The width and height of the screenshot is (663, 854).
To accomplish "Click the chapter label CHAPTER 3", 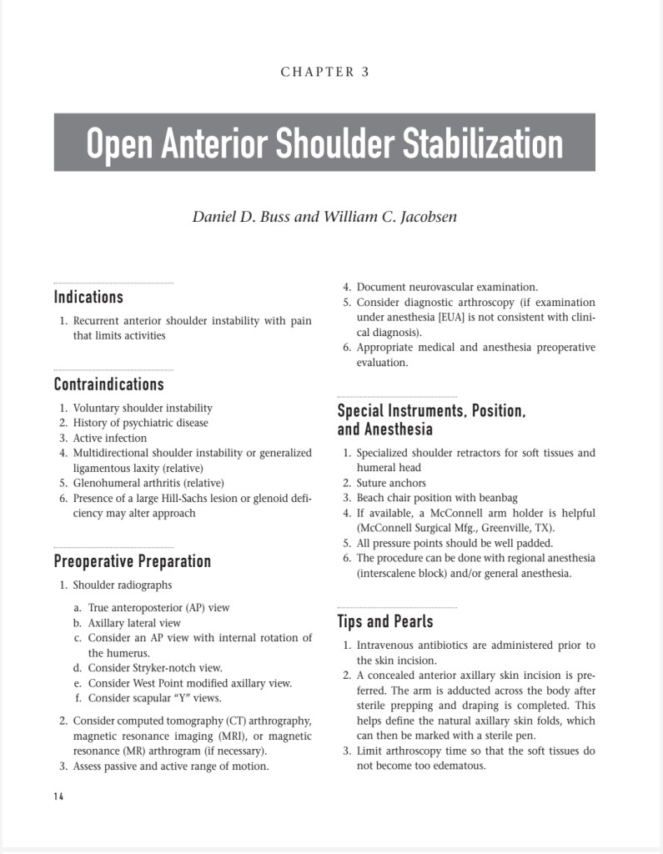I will (324, 72).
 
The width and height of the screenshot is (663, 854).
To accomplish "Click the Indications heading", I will (88, 297).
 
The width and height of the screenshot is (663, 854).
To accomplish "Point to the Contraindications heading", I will (108, 384).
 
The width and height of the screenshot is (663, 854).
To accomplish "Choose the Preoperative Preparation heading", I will (132, 561).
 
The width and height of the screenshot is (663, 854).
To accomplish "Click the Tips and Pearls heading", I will (384, 621).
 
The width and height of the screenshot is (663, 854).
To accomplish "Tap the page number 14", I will (58, 796).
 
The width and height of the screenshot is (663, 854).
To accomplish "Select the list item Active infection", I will (109, 438).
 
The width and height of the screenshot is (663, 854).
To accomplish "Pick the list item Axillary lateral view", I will (133, 623).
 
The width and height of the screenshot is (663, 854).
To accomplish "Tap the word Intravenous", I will (386, 645).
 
